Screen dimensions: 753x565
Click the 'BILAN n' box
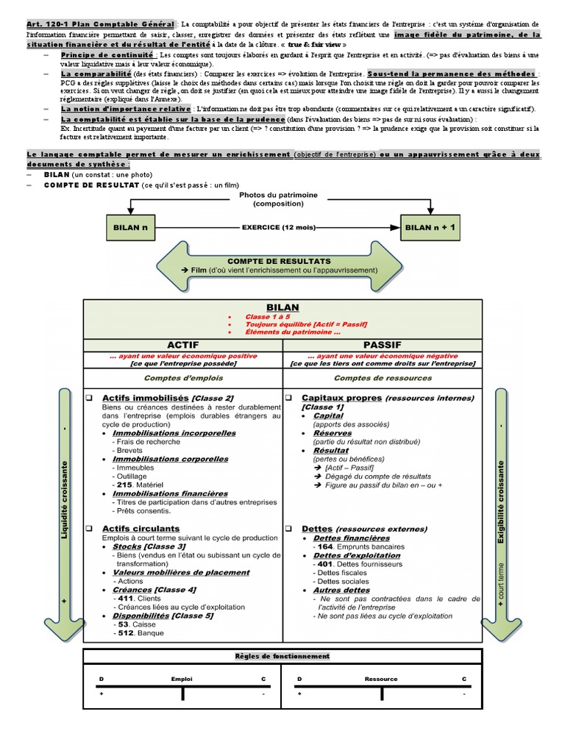click(131, 227)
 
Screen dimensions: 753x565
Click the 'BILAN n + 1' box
click(431, 227)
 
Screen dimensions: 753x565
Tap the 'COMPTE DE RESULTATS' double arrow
click(279, 265)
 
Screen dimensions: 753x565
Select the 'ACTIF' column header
click(183, 344)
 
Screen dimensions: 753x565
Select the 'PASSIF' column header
click(383, 344)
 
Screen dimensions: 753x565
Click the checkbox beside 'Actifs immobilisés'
click(88, 398)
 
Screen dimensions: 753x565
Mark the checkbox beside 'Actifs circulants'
click(88, 529)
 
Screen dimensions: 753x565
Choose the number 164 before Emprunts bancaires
click(321, 547)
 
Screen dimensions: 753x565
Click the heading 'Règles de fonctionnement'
click(282, 656)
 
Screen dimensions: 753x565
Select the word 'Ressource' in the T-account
click(380, 679)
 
